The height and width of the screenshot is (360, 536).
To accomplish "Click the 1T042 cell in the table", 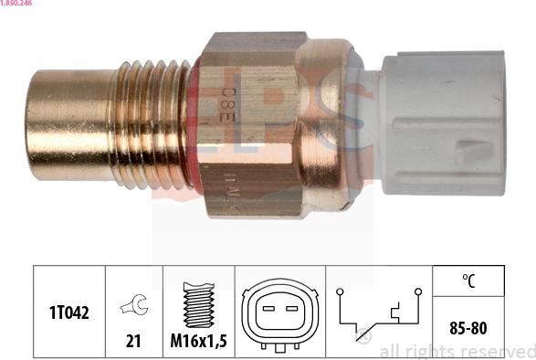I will [68, 312].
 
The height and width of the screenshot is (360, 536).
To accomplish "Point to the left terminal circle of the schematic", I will [340, 291].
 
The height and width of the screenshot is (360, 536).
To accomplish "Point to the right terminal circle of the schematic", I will [417, 291].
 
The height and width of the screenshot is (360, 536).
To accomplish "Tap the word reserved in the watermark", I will [499, 351].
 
